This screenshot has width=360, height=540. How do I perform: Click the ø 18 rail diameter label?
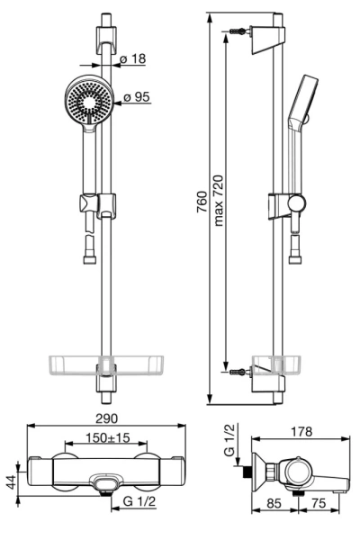(132, 58)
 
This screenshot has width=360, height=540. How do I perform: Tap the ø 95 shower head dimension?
(137, 97)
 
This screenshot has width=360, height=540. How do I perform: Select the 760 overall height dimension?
(202, 202)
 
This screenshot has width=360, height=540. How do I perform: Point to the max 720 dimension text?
(219, 201)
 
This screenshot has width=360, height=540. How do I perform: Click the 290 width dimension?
(106, 418)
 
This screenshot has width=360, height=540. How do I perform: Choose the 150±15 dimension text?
(107, 437)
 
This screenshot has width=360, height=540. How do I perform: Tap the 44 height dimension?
(12, 482)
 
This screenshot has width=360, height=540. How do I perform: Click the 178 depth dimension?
(301, 431)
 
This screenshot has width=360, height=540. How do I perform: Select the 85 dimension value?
(274, 503)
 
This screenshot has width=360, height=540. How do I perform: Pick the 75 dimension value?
(318, 503)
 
